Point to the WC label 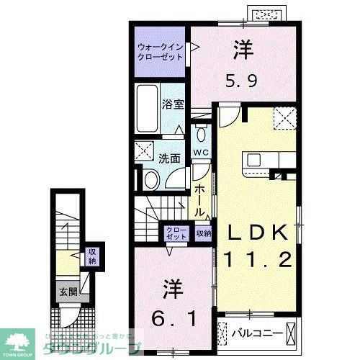tap(201, 152)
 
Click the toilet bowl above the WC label tap(201, 135)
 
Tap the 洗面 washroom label tap(170, 158)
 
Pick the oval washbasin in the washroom tap(152, 179)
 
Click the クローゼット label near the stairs tap(176, 233)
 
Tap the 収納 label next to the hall tap(203, 233)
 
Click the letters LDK tap(258, 233)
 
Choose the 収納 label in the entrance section tap(93, 256)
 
